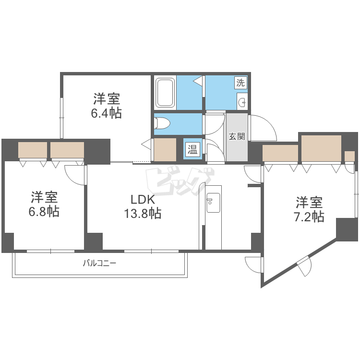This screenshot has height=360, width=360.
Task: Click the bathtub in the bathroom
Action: click(x=165, y=93)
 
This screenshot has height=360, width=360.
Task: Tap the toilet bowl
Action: click(x=162, y=124)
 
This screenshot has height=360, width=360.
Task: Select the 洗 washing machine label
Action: click(x=240, y=82)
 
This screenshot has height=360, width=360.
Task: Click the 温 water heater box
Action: click(x=192, y=149)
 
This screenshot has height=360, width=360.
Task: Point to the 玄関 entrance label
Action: click(x=236, y=136)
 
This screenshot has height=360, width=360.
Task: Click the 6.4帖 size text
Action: click(x=107, y=113)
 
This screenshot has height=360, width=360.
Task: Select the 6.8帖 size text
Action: click(x=45, y=211)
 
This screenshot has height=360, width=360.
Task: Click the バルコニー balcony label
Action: click(x=100, y=263)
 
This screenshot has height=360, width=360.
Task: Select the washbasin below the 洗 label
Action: click(x=242, y=101)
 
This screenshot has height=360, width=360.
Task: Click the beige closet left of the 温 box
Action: click(x=165, y=149)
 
